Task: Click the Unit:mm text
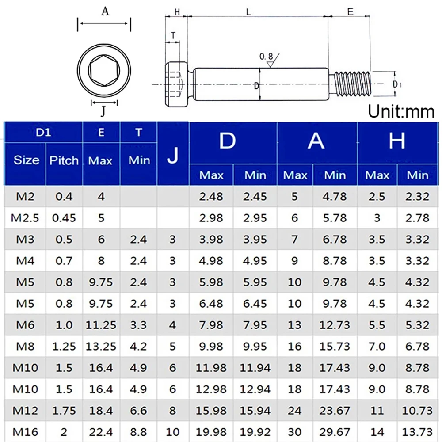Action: click(x=401, y=112)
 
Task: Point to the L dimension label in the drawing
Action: click(x=249, y=12)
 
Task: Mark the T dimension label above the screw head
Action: click(x=173, y=36)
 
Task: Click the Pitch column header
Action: click(x=64, y=160)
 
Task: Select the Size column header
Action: click(x=26, y=160)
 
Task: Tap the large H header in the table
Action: click(x=397, y=141)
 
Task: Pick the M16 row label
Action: click(x=25, y=431)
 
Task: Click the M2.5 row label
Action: click(x=25, y=218)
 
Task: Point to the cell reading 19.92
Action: click(x=255, y=431)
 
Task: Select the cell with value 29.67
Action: click(x=335, y=431)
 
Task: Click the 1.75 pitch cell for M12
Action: click(x=64, y=410)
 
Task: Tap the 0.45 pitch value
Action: click(x=64, y=218)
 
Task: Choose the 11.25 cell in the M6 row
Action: click(x=101, y=325)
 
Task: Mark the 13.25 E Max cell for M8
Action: click(x=101, y=346)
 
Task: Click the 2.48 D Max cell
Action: click(x=211, y=196)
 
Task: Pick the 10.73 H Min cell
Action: click(x=417, y=410)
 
